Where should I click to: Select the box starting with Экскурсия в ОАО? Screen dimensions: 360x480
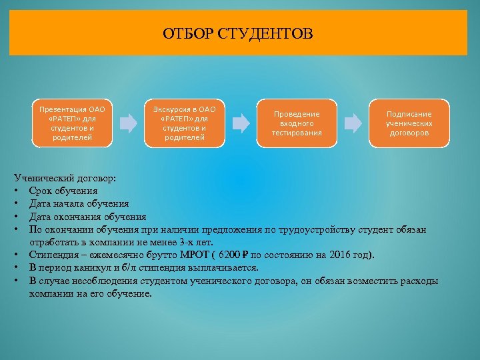coord(185,123)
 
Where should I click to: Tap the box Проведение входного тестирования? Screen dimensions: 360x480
coord(297,123)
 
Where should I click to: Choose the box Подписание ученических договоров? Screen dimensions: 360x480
coord(409,123)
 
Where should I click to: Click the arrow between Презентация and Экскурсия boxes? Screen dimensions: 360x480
coord(128,123)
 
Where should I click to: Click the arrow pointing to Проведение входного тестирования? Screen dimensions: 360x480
coord(241,123)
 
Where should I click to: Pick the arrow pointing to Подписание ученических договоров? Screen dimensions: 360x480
coord(353,123)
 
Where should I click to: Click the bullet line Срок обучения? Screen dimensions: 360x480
coord(63,191)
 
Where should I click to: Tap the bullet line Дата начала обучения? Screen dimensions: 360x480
coord(79,204)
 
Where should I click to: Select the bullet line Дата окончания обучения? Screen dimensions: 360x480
coord(87,217)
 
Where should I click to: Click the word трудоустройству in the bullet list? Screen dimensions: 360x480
coord(321,229)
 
